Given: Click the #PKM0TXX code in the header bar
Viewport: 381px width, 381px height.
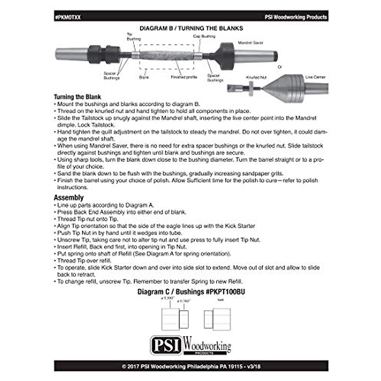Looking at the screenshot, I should (68, 17).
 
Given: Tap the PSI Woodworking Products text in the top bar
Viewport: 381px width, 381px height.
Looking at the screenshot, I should (296, 17).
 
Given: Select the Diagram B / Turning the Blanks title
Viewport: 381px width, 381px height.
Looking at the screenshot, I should (191, 28).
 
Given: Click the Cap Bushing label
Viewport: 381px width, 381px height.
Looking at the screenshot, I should (204, 36).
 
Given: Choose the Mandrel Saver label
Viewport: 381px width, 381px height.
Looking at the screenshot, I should (251, 43).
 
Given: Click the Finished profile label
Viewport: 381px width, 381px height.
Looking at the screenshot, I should (184, 77).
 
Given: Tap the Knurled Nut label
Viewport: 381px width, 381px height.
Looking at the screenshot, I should (256, 77).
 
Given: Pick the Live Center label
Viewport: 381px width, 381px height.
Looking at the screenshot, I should (315, 77).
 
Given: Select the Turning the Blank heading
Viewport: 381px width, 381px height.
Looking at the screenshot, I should (77, 97).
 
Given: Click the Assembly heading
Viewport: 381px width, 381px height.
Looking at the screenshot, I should (69, 198).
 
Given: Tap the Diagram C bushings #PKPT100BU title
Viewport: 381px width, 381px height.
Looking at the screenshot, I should (191, 292).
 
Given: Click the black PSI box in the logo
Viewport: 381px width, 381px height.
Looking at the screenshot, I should (166, 345).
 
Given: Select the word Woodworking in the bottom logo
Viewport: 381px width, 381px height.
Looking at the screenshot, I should (207, 345).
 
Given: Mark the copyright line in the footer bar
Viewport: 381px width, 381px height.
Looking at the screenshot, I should (191, 366).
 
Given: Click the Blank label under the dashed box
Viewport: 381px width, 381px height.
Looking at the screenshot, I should (144, 77).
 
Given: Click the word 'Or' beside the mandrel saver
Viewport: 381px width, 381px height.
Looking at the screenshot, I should (279, 67).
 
